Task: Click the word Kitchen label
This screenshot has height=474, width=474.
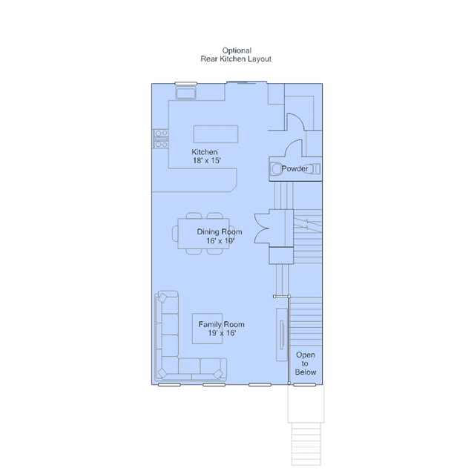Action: pyautogui.click(x=205, y=152)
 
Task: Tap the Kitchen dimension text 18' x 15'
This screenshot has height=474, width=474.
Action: pyautogui.click(x=207, y=160)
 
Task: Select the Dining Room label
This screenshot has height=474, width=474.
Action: pyautogui.click(x=220, y=232)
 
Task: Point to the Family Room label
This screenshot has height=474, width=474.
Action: pyautogui.click(x=221, y=324)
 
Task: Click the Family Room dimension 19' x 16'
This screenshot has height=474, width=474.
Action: pyautogui.click(x=223, y=333)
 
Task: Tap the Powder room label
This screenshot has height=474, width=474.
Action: pyautogui.click(x=294, y=168)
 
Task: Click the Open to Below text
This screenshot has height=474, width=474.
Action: pyautogui.click(x=306, y=363)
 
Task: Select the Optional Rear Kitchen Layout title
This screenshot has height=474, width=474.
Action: pyautogui.click(x=236, y=55)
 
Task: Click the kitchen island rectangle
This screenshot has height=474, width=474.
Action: pyautogui.click(x=216, y=134)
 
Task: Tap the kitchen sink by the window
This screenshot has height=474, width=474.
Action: pyautogui.click(x=186, y=93)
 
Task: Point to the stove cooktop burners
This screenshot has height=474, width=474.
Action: pyautogui.click(x=161, y=139)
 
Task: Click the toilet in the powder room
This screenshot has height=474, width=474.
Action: pyautogui.click(x=276, y=169)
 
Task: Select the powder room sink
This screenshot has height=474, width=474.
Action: pyautogui.click(x=315, y=168)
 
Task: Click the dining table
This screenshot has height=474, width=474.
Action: pyautogui.click(x=203, y=234)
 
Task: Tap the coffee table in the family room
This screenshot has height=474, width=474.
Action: pyautogui.click(x=208, y=329)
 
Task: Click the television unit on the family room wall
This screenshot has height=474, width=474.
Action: pyautogui.click(x=282, y=335)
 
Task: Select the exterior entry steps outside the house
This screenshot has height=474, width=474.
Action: pyautogui.click(x=306, y=444)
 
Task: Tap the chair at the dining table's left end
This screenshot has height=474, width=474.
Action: pyautogui.click(x=175, y=234)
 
